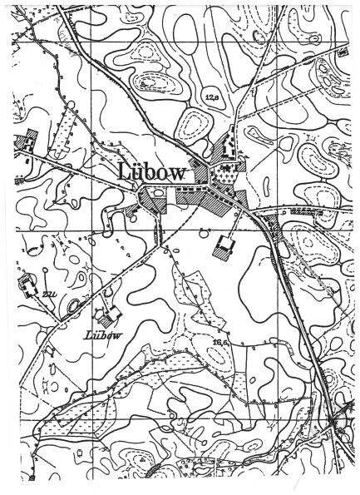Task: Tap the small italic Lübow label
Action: (x=103, y=335)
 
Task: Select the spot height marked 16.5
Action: (x=219, y=341)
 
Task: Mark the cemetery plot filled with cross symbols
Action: (x=224, y=176)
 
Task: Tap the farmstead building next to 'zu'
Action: (x=27, y=285)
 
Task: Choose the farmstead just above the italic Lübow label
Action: (x=106, y=314)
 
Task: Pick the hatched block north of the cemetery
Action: (x=222, y=151)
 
